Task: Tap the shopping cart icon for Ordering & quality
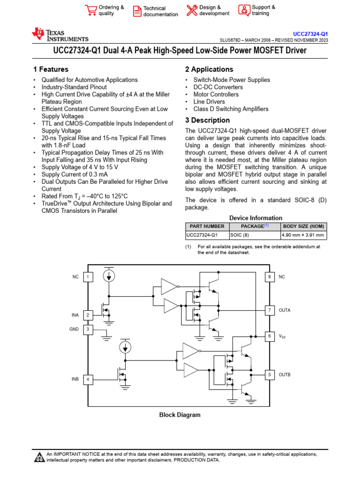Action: coord(90,10)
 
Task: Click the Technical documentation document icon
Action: coord(137,11)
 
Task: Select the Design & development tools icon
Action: coord(192,10)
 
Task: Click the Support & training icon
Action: coord(244,10)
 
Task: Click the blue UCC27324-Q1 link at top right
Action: coord(310,34)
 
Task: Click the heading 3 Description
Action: coord(207,120)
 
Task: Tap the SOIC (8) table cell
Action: coord(240,235)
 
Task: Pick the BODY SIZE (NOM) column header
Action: coord(304,226)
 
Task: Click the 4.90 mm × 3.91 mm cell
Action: coord(303,235)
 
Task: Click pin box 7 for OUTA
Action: coord(270,310)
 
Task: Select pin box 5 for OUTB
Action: coord(270,375)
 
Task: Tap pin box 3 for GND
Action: coord(88,330)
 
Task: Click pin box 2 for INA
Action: coord(88,315)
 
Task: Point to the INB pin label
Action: coord(75,379)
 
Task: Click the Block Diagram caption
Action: coord(180,415)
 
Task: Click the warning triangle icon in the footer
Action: coord(39,457)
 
